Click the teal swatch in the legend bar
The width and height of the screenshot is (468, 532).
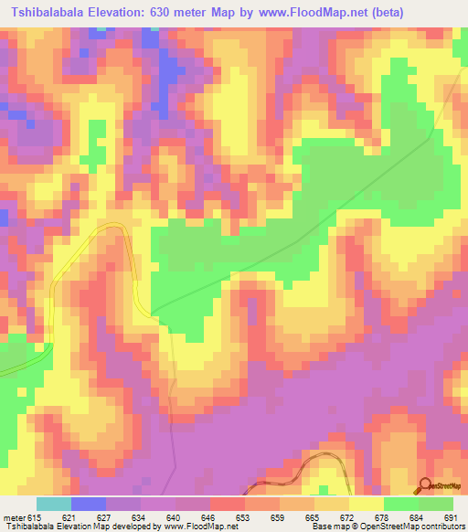coord(53,504)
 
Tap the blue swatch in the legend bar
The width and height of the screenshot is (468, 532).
coord(88,504)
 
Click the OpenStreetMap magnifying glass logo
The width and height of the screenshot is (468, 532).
coord(426,485)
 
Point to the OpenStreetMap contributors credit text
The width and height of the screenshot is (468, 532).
coord(411,527)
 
